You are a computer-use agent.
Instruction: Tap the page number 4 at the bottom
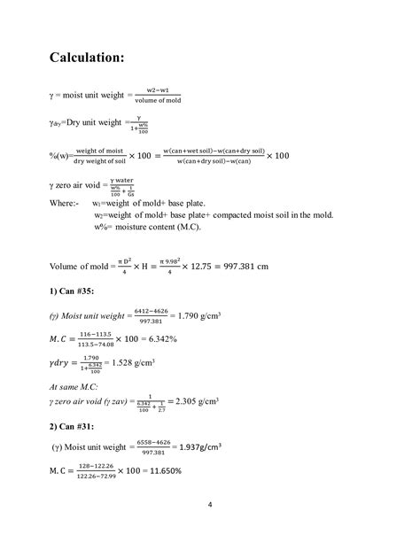click(x=209, y=506)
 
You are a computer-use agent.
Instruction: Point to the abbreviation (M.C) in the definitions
click(x=184, y=227)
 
